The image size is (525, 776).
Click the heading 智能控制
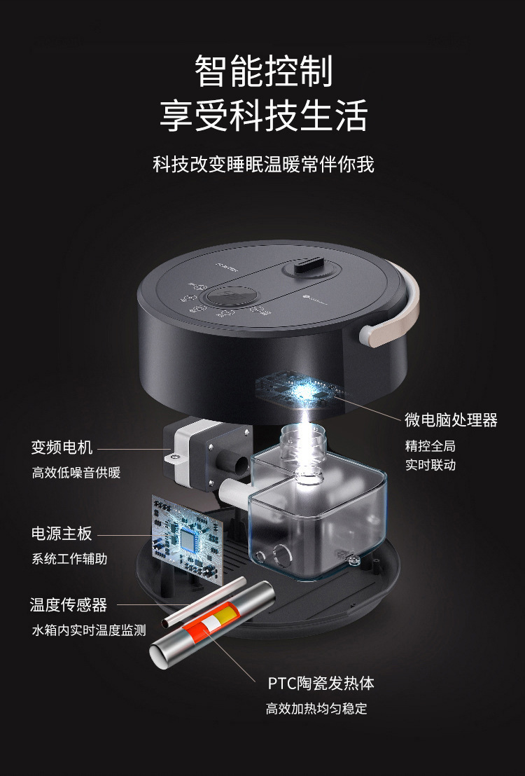click(263, 71)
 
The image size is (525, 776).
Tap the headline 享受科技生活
click(263, 115)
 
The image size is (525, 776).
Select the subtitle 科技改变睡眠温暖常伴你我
click(263, 165)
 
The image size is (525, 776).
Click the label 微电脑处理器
click(451, 420)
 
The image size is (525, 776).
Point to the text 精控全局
click(430, 446)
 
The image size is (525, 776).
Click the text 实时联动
click(430, 465)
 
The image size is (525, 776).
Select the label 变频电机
click(62, 447)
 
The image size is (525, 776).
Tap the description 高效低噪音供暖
click(76, 473)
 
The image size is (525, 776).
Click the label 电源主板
click(62, 533)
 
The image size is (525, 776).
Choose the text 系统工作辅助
click(70, 559)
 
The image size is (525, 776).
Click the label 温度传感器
click(69, 604)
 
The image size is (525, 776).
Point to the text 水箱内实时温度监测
click(89, 630)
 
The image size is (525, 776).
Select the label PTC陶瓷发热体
click(321, 684)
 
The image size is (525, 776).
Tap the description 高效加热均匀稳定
click(316, 709)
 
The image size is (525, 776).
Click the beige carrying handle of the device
click(396, 317)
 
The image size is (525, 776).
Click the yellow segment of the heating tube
click(224, 615)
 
